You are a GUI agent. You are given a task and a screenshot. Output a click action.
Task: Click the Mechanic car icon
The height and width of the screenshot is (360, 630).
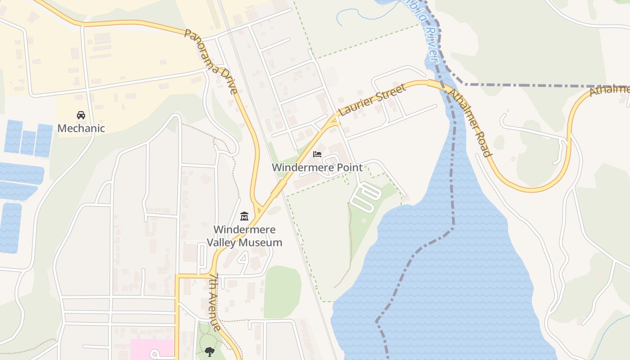[81, 115]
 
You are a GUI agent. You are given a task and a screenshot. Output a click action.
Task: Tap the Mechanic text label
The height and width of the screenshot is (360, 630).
[81, 128]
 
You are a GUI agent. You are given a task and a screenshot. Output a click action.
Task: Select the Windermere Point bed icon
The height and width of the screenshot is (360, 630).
[317, 154]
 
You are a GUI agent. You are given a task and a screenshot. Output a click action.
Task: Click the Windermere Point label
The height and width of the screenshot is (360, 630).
[317, 168]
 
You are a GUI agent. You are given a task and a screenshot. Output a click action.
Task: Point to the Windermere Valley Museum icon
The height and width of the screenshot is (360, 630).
[244, 216]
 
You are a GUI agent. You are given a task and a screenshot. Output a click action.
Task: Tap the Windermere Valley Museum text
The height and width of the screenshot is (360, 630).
[244, 236]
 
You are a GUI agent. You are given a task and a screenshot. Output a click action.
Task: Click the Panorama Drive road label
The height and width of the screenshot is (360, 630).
[211, 61]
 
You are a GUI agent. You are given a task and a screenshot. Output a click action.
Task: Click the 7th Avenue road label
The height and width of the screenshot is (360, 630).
[216, 301]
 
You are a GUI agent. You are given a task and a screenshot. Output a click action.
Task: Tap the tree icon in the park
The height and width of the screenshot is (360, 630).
[209, 351]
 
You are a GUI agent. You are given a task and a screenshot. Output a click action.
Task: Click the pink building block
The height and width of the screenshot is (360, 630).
[151, 349]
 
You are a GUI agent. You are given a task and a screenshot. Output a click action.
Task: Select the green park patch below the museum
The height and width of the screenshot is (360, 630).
[282, 292]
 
